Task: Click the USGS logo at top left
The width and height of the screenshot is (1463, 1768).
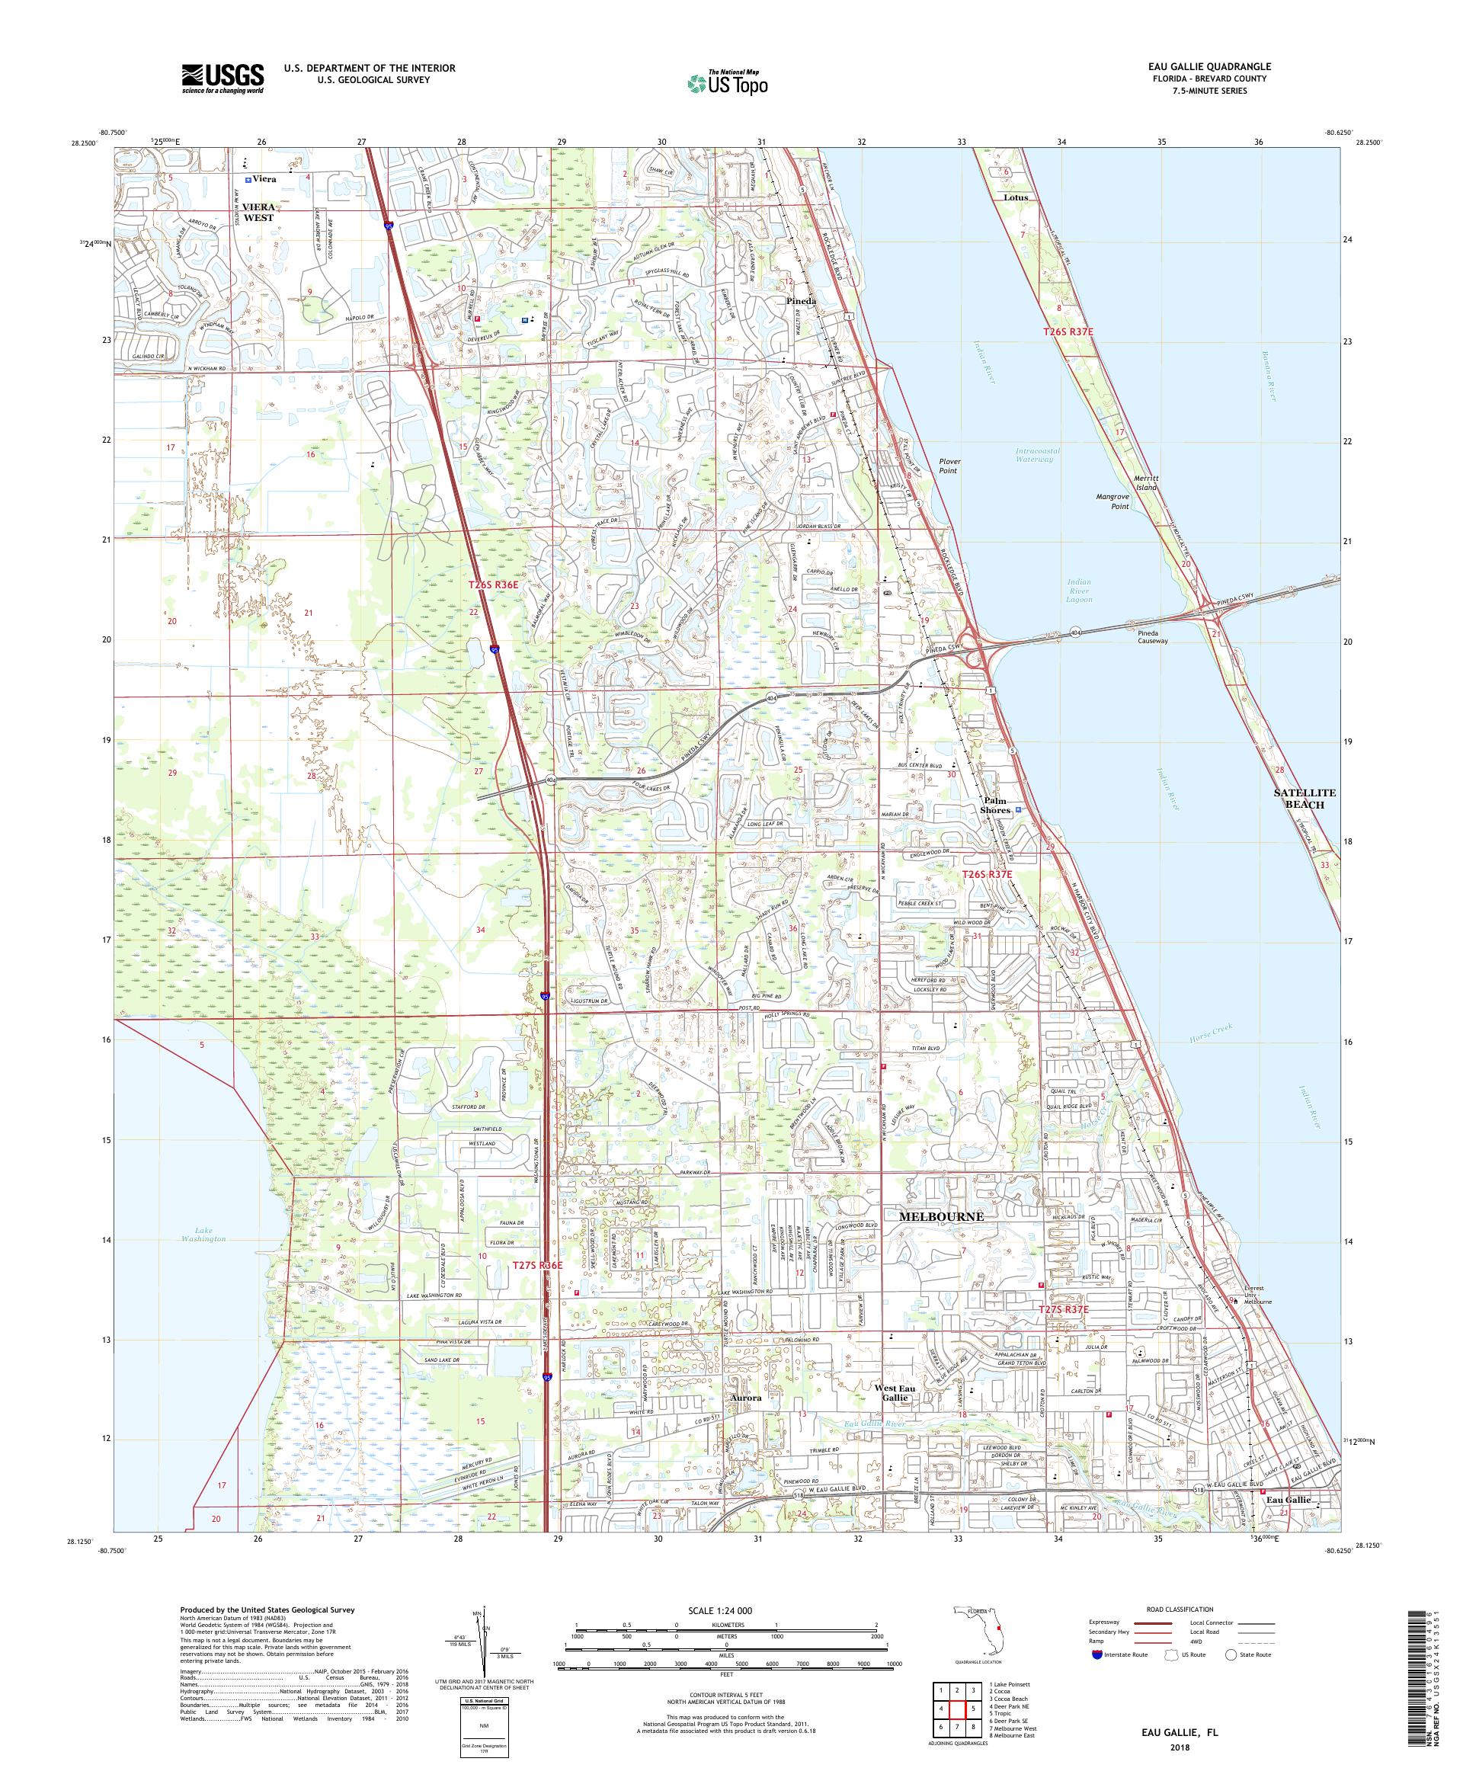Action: pos(222,78)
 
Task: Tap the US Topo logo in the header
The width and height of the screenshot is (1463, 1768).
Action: pos(728,82)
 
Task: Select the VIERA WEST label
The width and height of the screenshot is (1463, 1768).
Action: pos(260,211)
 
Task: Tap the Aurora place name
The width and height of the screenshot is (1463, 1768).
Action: pos(746,1398)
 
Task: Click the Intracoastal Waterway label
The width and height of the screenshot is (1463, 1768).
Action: pos(1037,456)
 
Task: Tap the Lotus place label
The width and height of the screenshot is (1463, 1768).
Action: pos(1015,198)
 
